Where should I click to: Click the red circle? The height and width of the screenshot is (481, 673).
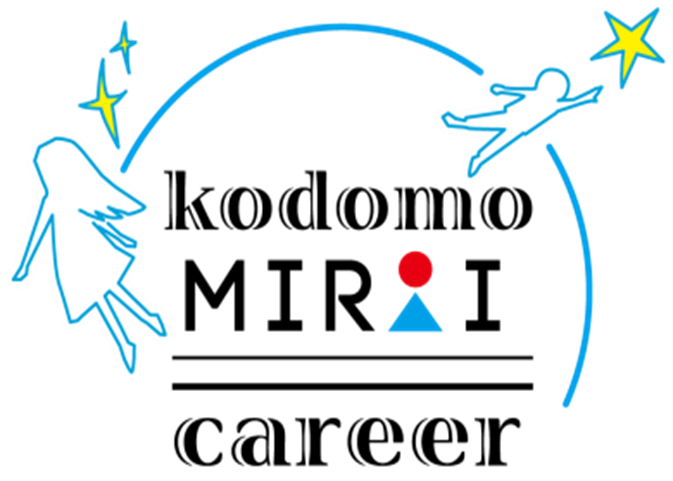click(x=415, y=268)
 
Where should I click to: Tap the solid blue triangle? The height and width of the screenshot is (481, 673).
click(x=415, y=317)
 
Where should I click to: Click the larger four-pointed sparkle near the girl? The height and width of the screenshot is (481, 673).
click(x=104, y=100)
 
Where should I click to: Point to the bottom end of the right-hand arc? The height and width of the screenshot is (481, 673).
click(x=567, y=402)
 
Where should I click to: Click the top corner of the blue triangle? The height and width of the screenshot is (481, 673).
click(x=415, y=293)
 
